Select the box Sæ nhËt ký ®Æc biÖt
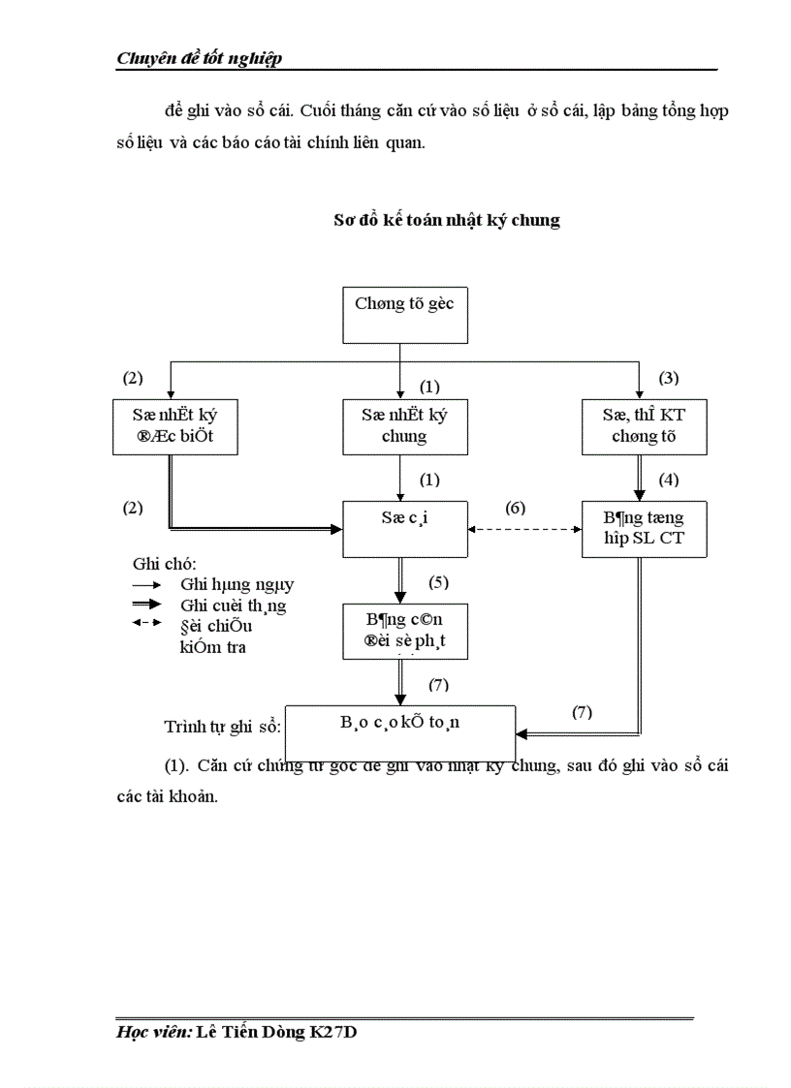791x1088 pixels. click(174, 425)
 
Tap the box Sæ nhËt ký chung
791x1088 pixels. click(403, 425)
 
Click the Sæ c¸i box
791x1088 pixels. click(404, 528)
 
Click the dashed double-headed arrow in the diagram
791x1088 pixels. click(524, 529)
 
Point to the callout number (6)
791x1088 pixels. click(516, 508)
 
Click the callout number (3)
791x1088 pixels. click(669, 378)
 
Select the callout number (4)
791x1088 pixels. click(669, 480)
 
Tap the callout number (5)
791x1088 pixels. click(439, 582)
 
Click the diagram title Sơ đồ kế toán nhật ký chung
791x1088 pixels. click(447, 220)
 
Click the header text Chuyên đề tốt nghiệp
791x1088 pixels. click(199, 59)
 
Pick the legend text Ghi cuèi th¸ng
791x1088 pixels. click(233, 606)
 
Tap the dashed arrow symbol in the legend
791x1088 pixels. click(146, 623)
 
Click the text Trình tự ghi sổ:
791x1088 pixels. click(222, 727)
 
